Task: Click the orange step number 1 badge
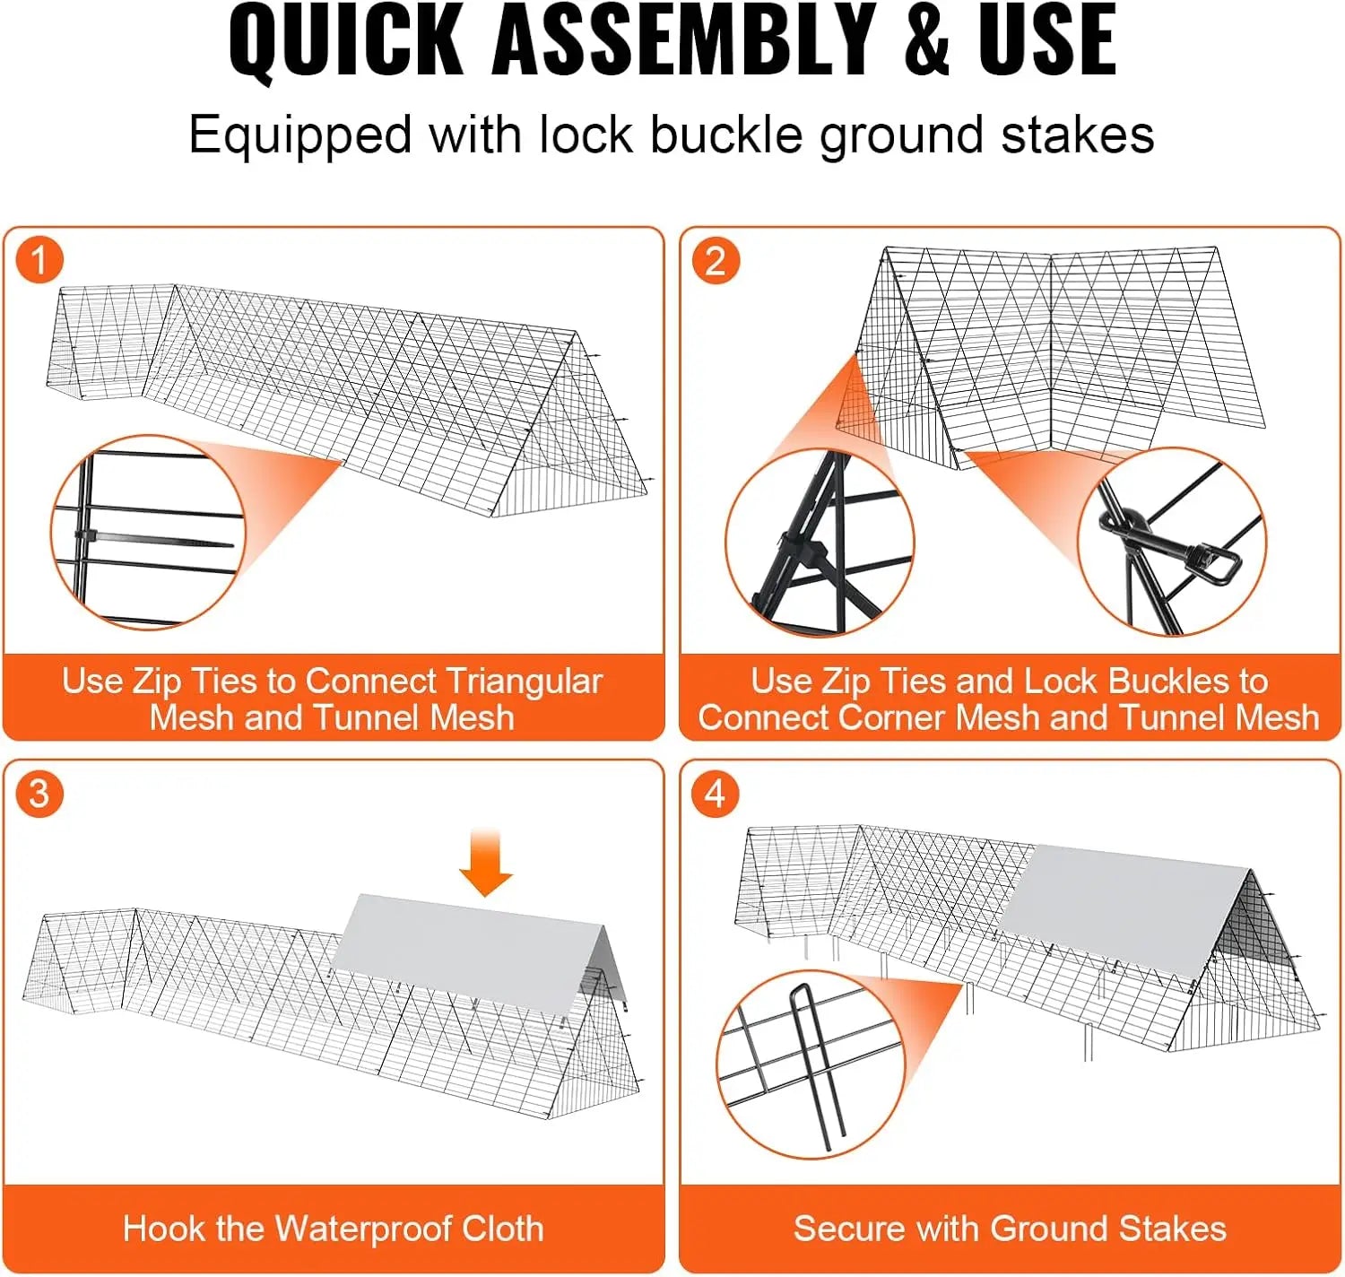pos(39,260)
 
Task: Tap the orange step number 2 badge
pos(716,260)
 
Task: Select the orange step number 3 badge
pos(39,794)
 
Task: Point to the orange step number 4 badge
pos(716,794)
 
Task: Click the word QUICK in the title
pos(346,42)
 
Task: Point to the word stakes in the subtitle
pos(1078,135)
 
